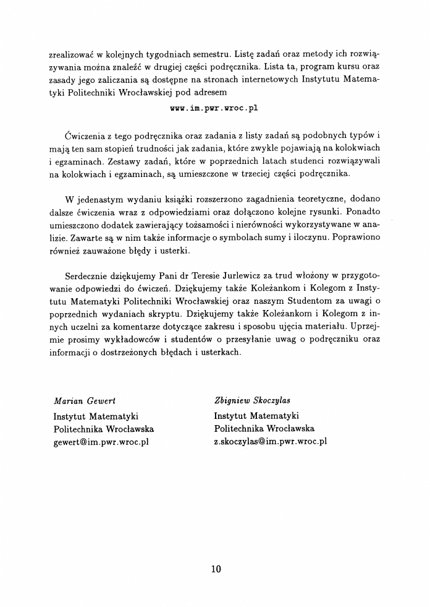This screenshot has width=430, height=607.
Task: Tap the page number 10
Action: (215, 569)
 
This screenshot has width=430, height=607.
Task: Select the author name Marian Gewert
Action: (85, 402)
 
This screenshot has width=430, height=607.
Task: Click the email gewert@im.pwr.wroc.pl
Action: (101, 442)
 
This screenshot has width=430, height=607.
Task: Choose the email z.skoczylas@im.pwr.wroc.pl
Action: (271, 442)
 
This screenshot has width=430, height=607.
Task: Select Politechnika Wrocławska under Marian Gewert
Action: (104, 428)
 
